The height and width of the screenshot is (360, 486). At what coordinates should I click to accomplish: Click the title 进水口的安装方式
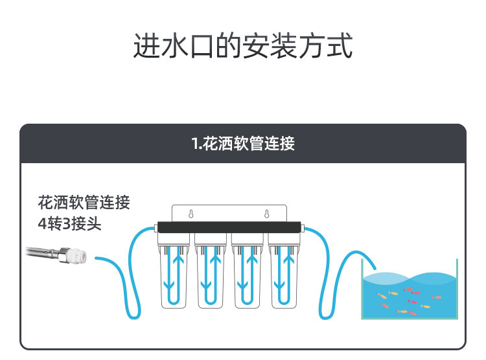tap(243, 47)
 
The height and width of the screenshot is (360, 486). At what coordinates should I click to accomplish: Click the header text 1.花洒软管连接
tap(243, 144)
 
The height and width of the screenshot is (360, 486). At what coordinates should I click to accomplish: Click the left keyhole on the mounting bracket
tap(192, 214)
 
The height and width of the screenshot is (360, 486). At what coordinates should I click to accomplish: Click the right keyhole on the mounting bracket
tap(266, 214)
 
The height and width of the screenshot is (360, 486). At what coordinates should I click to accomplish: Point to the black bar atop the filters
tap(229, 228)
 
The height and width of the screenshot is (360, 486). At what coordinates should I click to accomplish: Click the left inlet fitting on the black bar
tap(156, 228)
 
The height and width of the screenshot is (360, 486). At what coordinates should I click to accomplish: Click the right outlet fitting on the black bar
tap(304, 228)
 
